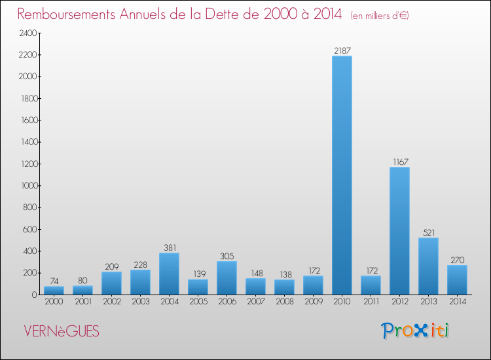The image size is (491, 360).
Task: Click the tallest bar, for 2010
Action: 342,175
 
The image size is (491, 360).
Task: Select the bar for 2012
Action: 399,231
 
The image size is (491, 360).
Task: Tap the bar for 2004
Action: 169,274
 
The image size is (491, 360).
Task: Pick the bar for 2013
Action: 428,266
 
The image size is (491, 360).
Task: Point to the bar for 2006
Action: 227,278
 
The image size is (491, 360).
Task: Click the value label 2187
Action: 342,50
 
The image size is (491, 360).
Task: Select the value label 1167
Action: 399,161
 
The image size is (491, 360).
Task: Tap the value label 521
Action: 428,232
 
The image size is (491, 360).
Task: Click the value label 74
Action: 54,280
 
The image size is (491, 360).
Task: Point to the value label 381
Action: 169,247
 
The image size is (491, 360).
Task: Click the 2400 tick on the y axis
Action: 26,33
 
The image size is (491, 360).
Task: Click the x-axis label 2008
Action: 284,301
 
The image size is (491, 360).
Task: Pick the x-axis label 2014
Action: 457,301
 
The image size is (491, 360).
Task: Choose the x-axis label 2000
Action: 54,301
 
